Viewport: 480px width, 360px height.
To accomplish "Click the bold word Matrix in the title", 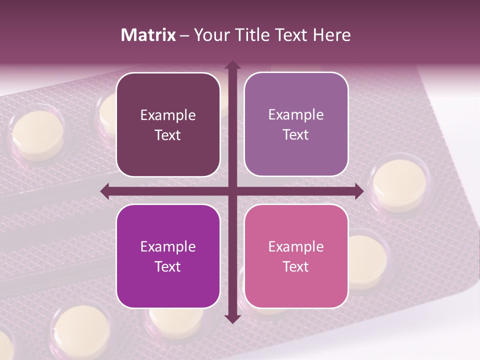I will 148,35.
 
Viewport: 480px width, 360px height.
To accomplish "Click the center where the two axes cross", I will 232,191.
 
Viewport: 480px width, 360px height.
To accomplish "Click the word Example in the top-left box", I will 168,115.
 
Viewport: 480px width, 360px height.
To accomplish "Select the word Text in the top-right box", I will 296,134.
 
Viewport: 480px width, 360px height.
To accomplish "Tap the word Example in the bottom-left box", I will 168,246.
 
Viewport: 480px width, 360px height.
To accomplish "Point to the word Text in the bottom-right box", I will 296,266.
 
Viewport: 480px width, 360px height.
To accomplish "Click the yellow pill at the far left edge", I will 37,135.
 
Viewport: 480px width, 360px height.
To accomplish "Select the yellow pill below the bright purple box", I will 80,330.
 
